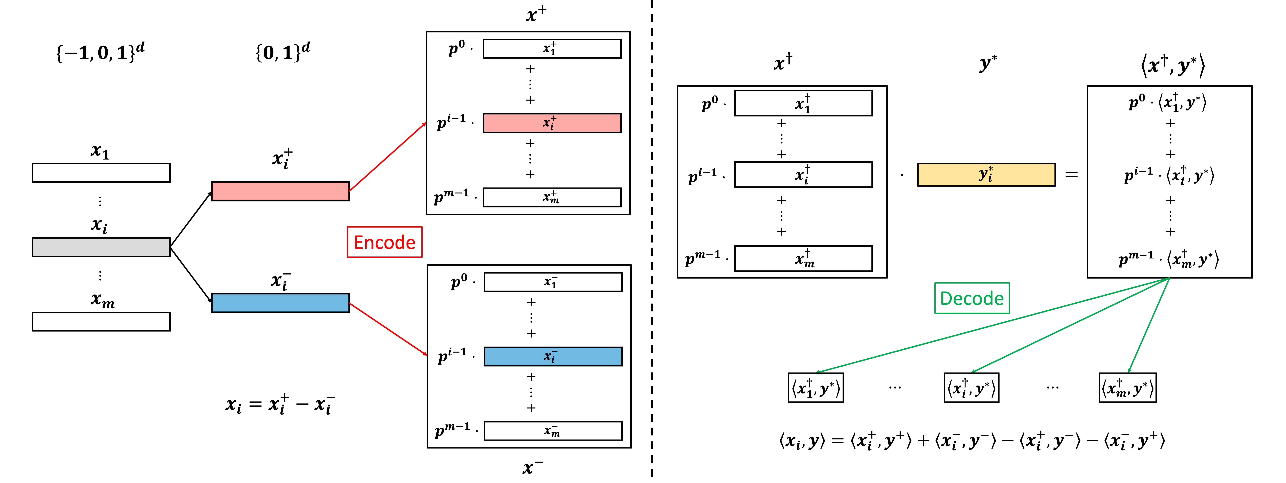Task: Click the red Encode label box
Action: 384,242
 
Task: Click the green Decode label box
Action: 971,298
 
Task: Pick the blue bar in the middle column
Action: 280,303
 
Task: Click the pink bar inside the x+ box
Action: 552,123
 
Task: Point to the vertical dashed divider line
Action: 652,240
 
